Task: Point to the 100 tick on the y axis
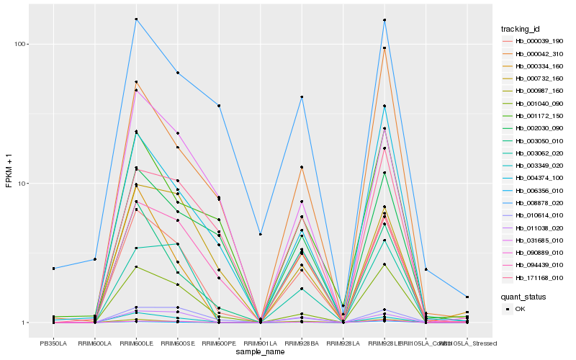coord(22,44)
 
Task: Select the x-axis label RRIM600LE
coord(136,343)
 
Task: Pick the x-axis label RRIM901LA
coord(260,343)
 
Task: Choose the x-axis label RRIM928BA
coord(302,343)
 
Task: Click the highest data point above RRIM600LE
coord(136,19)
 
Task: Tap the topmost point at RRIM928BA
coord(302,96)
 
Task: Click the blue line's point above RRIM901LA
coord(260,234)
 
